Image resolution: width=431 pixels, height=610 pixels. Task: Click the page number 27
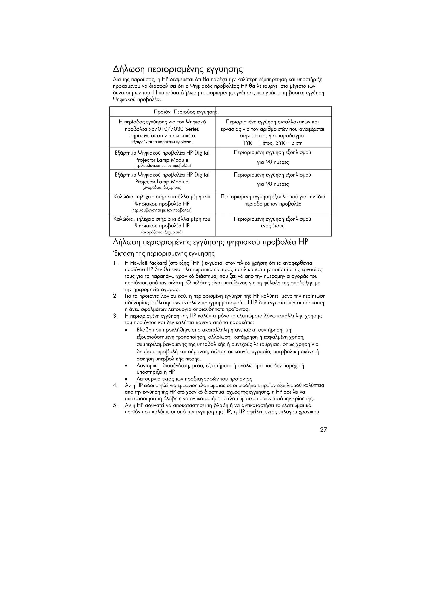(323, 430)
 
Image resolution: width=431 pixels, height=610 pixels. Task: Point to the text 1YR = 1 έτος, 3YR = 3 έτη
(273, 143)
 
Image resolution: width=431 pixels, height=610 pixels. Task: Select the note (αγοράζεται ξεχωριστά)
(162, 188)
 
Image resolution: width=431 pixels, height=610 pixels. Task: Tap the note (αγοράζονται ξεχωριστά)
(162, 232)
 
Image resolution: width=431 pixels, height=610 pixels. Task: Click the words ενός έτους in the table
(273, 226)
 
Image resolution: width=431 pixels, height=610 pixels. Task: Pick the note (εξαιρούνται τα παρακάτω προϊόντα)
(162, 142)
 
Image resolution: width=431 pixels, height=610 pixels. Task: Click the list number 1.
(115, 263)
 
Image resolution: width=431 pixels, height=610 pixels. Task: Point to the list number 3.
(115, 316)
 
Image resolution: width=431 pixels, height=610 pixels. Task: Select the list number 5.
(115, 406)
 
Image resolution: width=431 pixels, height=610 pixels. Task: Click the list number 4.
(115, 385)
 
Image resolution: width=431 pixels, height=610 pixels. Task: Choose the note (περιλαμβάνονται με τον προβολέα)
(162, 210)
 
